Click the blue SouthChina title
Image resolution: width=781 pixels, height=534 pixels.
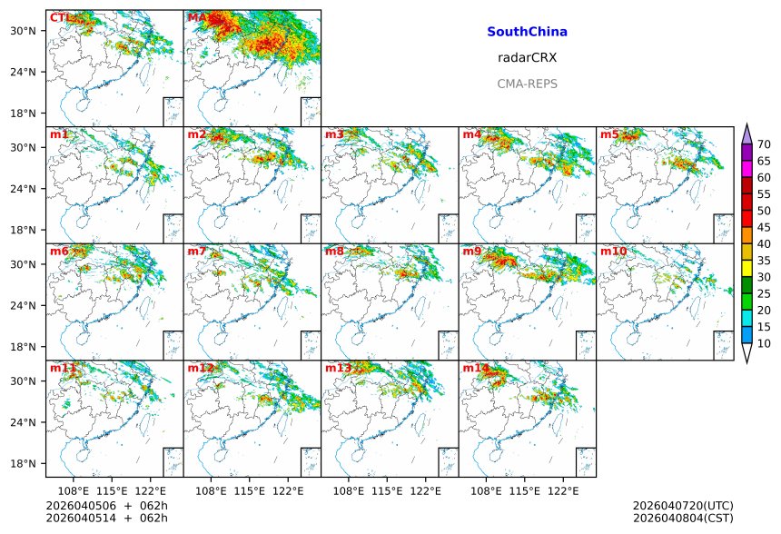527,32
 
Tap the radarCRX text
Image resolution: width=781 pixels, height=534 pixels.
527,57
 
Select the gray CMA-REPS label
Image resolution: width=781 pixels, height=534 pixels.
527,84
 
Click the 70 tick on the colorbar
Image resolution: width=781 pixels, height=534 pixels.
764,144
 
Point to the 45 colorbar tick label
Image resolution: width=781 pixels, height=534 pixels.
764,227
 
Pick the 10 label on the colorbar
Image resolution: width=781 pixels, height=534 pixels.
764,343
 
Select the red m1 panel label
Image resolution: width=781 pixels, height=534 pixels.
59,134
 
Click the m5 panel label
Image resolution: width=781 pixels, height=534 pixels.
609,134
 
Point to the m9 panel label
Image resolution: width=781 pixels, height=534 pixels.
472,251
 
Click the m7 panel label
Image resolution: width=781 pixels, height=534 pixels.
197,251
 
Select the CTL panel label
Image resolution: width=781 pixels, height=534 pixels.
61,17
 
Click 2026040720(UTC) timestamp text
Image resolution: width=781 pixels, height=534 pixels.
682,505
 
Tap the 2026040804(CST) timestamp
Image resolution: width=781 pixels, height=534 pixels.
682,518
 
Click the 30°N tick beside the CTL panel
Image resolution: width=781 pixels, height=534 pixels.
23,31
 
